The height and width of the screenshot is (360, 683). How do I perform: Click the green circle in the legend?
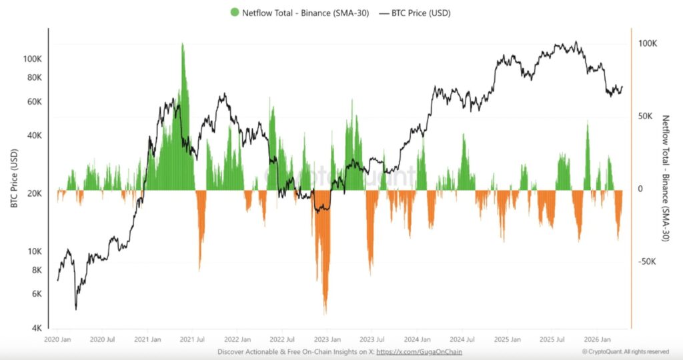tap(234, 13)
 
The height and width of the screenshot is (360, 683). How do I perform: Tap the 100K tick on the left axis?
tap(32, 59)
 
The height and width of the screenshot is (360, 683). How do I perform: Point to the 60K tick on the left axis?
tap(34, 102)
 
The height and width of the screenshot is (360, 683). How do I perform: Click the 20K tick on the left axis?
tap(34, 193)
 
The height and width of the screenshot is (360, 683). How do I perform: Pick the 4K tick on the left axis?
tap(37, 328)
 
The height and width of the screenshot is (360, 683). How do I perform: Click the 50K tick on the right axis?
tap(646, 116)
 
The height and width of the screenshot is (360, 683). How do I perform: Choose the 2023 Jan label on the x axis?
tap(326, 339)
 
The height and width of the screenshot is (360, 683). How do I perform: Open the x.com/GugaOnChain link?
tap(419, 351)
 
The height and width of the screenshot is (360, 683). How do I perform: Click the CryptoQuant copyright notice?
tap(625, 351)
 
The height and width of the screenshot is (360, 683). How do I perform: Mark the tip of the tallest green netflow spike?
tap(182, 44)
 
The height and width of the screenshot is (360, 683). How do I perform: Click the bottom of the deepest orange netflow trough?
tap(325, 314)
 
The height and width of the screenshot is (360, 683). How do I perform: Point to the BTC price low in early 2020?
tap(76, 309)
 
